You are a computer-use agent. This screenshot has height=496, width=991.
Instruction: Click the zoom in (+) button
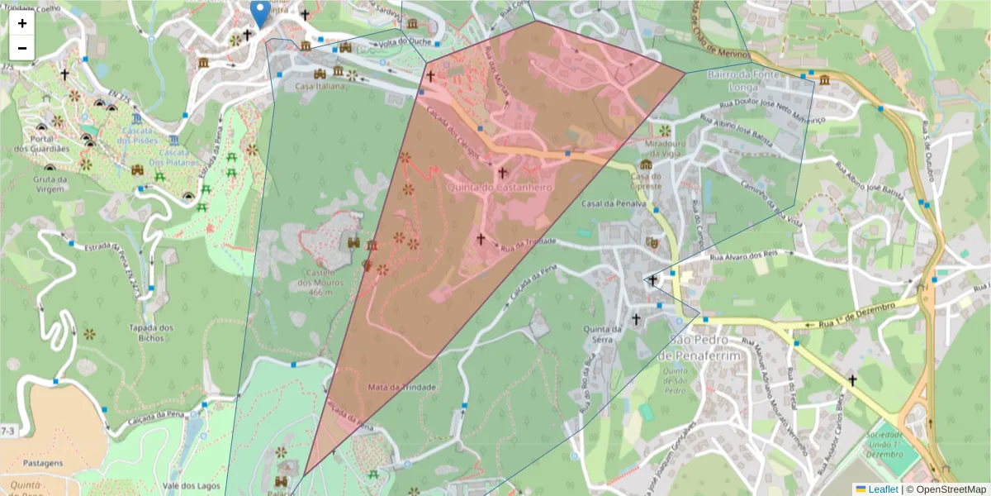[x=22, y=23]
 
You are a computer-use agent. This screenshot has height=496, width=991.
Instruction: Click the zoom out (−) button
[x=22, y=48]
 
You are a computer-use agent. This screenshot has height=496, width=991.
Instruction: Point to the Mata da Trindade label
[x=402, y=387]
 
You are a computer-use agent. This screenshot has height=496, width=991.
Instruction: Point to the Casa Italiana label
[x=320, y=86]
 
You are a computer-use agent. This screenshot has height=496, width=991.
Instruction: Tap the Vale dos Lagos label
[x=192, y=486]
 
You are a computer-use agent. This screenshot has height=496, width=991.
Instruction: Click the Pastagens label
[x=43, y=464]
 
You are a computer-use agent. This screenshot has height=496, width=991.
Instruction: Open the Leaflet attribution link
[x=876, y=489]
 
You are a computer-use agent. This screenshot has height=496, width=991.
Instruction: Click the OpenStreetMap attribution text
[x=950, y=489]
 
